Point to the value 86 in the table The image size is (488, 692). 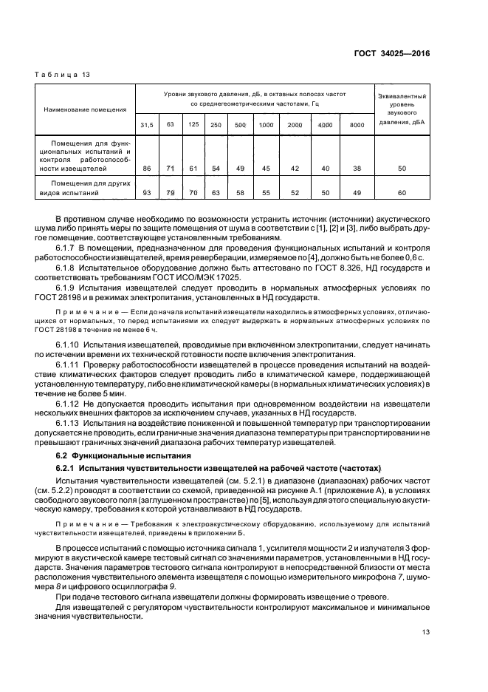(x=147, y=169)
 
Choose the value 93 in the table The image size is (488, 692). (x=147, y=194)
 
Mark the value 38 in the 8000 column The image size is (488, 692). (x=357, y=169)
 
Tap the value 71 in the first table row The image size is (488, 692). (x=171, y=169)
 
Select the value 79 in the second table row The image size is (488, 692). (x=171, y=194)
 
